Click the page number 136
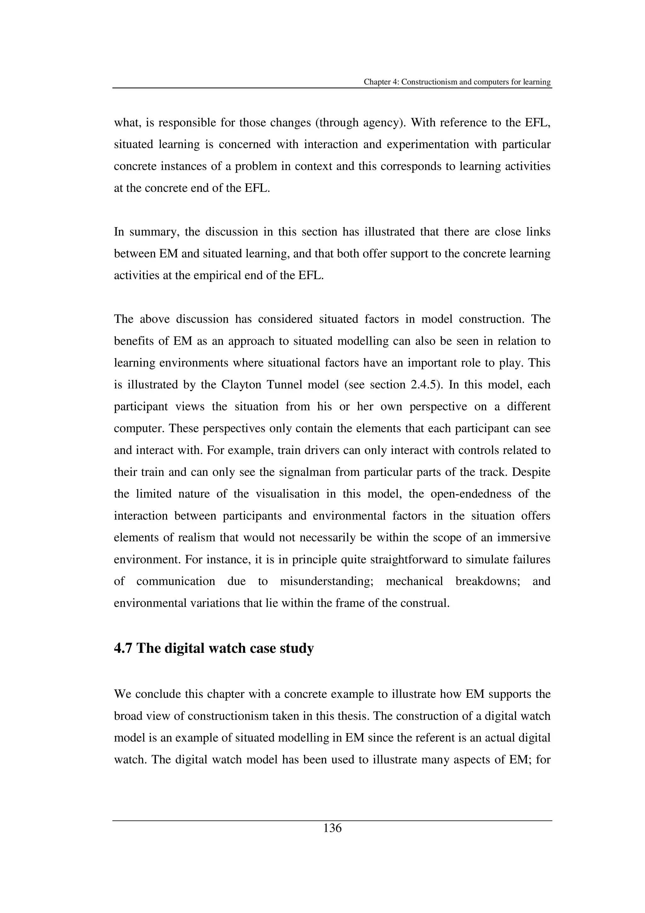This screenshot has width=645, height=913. pyautogui.click(x=332, y=828)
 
